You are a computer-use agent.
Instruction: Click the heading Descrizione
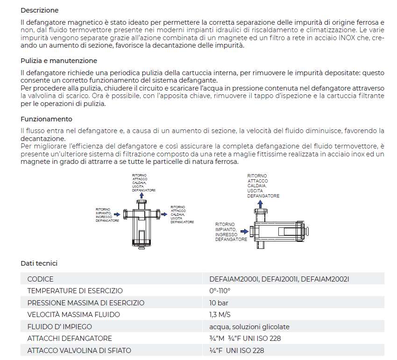[40, 10]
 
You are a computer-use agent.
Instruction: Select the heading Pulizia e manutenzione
[59, 61]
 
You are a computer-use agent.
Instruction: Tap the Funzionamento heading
[46, 119]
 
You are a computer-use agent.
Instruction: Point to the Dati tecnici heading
[39, 263]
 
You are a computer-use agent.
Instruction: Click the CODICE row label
[40, 279]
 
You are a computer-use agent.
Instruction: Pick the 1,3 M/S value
[220, 315]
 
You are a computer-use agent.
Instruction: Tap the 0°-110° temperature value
[220, 291]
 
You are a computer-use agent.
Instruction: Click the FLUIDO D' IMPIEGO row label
[60, 326]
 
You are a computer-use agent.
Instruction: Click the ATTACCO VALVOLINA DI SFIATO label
[79, 350]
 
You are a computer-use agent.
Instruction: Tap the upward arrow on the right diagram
[260, 202]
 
